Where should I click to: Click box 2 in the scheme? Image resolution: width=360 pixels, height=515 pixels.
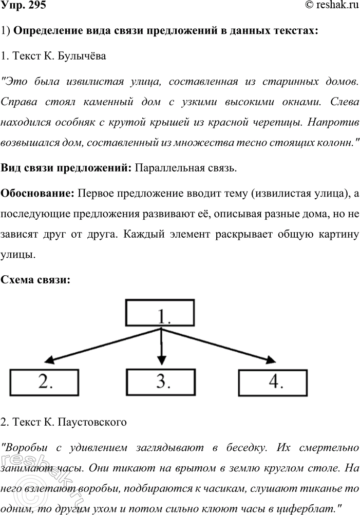[43, 380]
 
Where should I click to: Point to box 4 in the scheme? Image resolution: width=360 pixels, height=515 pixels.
[275, 380]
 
